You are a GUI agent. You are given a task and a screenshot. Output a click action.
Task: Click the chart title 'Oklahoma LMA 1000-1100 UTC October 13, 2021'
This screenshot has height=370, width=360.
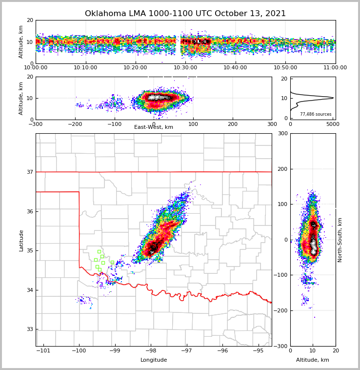(185, 14)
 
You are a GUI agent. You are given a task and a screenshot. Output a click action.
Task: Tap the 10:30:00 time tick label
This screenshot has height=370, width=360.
(185, 68)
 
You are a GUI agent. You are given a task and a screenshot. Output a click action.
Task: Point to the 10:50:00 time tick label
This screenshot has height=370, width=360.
(285, 68)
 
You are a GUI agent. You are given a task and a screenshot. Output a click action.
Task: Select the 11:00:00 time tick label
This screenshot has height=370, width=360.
(335, 68)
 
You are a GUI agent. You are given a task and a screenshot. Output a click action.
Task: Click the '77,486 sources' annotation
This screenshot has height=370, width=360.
(316, 114)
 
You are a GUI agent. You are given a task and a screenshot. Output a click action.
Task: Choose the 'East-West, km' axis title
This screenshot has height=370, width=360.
(154, 127)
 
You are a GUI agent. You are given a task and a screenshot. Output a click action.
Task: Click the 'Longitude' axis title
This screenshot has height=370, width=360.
(154, 360)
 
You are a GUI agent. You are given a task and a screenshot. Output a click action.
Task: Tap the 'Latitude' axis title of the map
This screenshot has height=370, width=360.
(21, 240)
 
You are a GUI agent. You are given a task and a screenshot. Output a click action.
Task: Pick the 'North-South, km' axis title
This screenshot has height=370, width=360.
(340, 240)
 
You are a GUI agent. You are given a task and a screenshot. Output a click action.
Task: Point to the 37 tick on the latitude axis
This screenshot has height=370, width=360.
(29, 172)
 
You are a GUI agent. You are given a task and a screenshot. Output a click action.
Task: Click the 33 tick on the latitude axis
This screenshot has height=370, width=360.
(29, 329)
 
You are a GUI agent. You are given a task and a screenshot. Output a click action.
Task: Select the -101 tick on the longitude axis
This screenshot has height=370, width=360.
(43, 351)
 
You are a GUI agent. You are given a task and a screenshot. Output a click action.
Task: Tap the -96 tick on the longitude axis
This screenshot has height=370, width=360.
(222, 351)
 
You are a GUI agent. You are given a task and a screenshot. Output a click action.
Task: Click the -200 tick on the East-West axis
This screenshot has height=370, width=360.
(75, 124)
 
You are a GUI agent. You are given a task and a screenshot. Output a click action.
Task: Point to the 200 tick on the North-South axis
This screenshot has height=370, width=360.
(282, 169)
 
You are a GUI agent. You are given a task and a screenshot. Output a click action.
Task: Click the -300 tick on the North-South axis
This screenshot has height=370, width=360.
(280, 346)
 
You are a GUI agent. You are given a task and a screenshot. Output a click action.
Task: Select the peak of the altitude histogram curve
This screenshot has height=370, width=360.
(333, 98)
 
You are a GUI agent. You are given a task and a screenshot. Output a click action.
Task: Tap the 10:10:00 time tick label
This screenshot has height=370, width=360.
(85, 68)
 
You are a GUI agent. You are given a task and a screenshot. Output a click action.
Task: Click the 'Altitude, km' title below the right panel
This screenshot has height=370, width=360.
(313, 360)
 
